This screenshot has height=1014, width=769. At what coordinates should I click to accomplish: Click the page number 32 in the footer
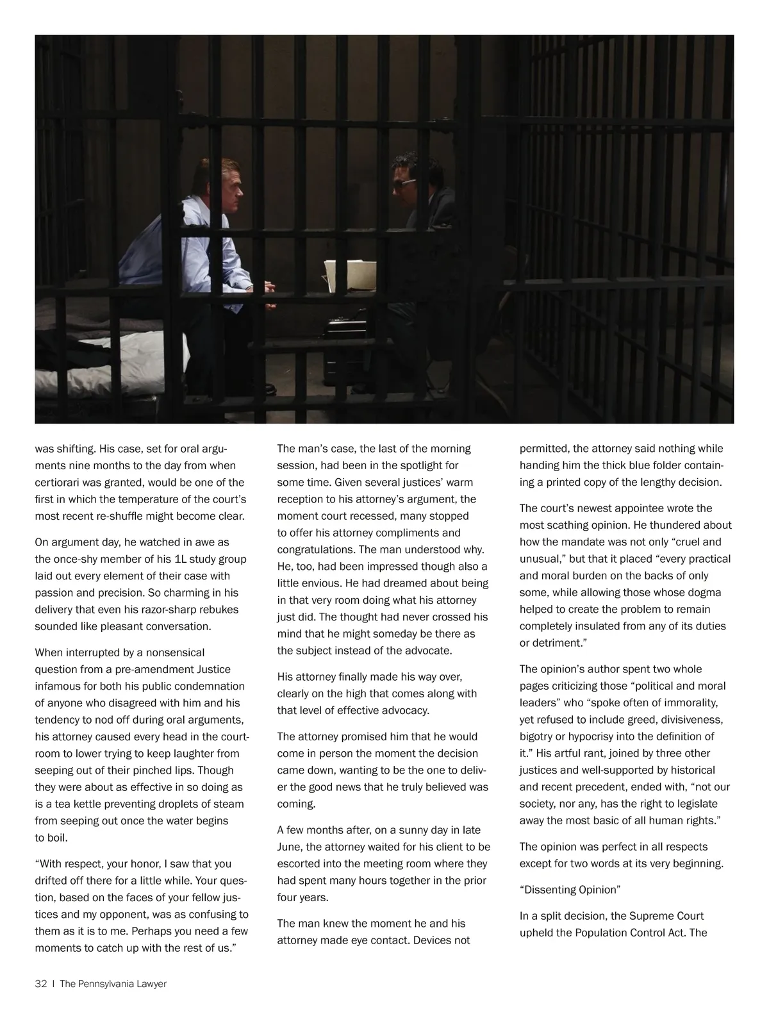(x=41, y=984)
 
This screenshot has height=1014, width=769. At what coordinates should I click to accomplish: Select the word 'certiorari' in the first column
(x=58, y=482)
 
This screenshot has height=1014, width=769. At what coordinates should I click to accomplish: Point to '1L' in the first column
(x=181, y=559)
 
